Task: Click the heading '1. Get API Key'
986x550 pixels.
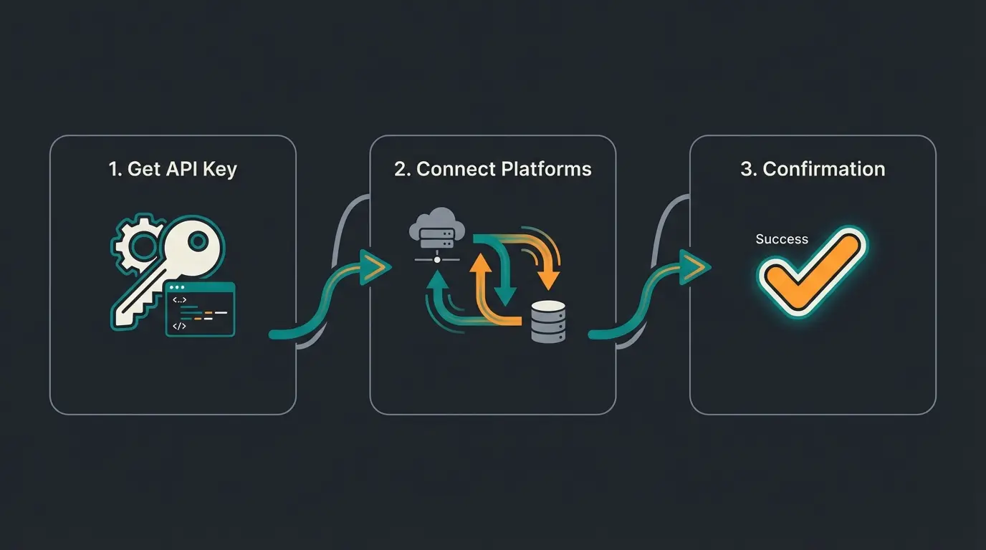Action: point(173,169)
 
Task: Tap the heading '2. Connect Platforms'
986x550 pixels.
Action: point(492,169)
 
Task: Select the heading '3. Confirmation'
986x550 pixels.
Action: point(813,169)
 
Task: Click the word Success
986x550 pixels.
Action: point(781,239)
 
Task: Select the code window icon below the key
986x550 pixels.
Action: point(200,309)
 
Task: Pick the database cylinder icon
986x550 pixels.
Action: point(548,321)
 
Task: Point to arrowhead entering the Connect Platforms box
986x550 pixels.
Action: point(375,268)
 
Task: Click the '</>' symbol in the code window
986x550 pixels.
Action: point(179,326)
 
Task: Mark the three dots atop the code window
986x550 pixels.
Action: point(176,287)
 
